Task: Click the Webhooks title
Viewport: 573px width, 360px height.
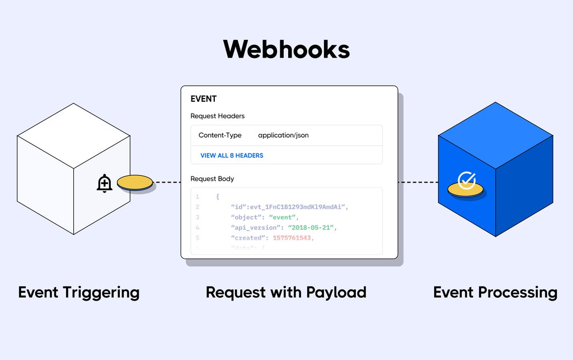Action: point(286,50)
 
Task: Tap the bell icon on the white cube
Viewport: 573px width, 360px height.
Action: point(105,183)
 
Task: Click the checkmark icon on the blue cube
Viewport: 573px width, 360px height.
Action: point(466,180)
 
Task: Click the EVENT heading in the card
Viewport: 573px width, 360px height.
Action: point(204,99)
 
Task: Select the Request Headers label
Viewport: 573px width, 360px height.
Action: point(217,116)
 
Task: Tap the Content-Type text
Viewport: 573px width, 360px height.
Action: point(220,135)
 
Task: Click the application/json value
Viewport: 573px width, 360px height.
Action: point(283,135)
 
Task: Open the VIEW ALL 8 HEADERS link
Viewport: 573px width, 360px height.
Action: point(232,155)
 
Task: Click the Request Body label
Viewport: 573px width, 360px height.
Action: point(212,179)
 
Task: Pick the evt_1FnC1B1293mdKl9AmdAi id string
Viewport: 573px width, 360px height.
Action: point(293,207)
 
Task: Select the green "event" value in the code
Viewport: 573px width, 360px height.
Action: point(284,217)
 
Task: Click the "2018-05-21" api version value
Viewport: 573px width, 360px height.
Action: point(312,228)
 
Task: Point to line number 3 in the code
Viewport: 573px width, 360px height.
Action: point(197,217)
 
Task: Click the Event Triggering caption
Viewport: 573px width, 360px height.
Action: point(79,292)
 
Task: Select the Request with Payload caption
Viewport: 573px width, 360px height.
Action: point(286,292)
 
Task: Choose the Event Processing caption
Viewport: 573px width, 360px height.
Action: point(495,292)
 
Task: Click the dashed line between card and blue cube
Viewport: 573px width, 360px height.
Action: point(418,182)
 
